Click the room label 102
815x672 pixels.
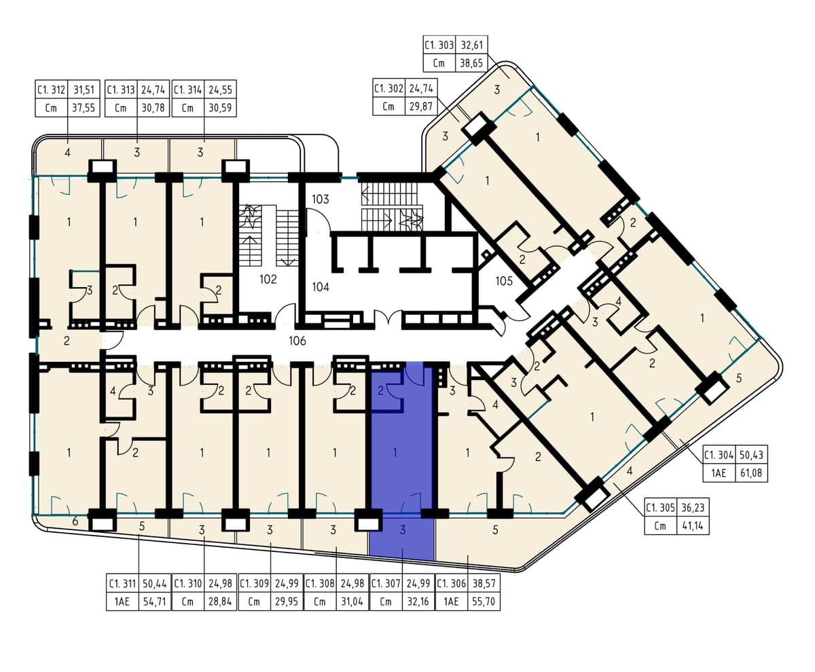pos(268,280)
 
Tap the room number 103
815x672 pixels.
pos(320,200)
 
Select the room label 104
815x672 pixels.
pos(321,287)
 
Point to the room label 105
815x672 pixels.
pos(504,281)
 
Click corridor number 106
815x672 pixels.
pos(297,341)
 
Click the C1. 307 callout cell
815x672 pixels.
pos(386,583)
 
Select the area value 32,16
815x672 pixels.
pos(418,601)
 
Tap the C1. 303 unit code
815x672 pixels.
pos(439,45)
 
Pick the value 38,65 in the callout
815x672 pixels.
pos(471,63)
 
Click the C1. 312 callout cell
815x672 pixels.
pos(51,90)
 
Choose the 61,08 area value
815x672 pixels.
pos(750,473)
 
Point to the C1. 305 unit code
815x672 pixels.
pos(660,508)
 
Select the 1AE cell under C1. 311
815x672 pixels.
pos(122,601)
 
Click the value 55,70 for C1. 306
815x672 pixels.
pos(483,601)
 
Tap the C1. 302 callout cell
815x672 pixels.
pos(388,89)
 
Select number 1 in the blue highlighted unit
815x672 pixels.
pos(395,453)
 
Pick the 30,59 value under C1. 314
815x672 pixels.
pos(220,108)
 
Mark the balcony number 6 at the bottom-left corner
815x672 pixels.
pos(75,521)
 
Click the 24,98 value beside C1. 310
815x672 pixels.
pos(220,583)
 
